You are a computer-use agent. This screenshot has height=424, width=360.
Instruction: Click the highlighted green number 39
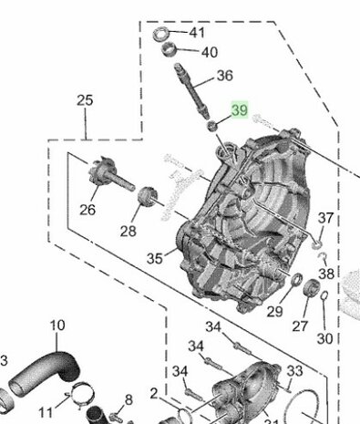(x=240, y=110)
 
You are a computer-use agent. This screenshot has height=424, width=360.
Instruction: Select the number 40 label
(x=209, y=52)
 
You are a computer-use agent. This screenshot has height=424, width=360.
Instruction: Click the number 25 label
(x=85, y=100)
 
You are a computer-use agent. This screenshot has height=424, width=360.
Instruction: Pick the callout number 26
(x=87, y=209)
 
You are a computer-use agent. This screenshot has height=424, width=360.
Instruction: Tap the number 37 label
(x=325, y=218)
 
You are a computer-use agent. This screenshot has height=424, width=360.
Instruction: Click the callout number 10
(x=57, y=325)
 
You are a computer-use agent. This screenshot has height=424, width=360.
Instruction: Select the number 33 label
(x=294, y=370)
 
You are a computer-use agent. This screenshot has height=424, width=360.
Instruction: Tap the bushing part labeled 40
(x=173, y=51)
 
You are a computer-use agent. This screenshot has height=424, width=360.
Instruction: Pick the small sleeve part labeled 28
(x=145, y=195)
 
